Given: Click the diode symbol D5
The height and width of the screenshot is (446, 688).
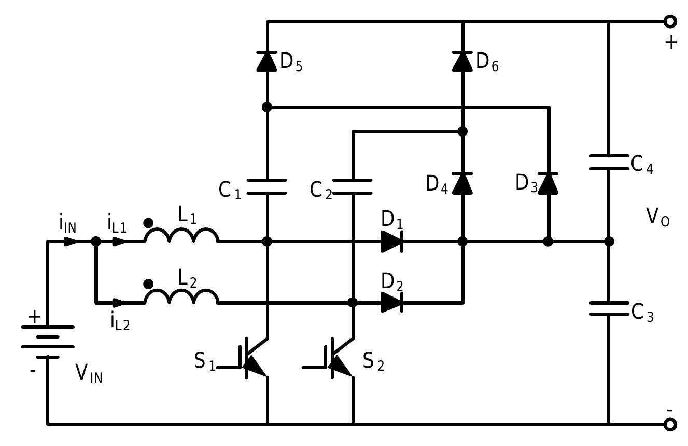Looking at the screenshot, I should [266, 61].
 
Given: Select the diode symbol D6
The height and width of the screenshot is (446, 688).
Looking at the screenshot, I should [462, 61].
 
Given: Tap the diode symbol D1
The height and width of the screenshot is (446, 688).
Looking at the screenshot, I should [391, 241].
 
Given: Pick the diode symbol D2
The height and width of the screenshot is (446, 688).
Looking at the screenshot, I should [391, 302].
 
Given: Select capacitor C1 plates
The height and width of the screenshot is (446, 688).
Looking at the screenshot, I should [266, 186].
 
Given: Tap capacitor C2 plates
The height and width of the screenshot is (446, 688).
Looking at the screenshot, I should [353, 186].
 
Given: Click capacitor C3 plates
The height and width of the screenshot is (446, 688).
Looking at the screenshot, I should [609, 308].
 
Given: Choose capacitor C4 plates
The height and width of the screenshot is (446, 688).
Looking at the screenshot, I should [609, 161].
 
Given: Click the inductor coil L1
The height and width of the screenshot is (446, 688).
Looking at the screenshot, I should [181, 236].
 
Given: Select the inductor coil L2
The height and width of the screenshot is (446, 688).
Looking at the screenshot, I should [181, 297].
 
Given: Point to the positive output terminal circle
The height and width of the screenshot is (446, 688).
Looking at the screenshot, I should [670, 21].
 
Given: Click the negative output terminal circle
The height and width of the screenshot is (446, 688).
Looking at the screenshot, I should [670, 424].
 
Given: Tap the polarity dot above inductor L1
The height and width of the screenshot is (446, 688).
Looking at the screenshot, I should [148, 223].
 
